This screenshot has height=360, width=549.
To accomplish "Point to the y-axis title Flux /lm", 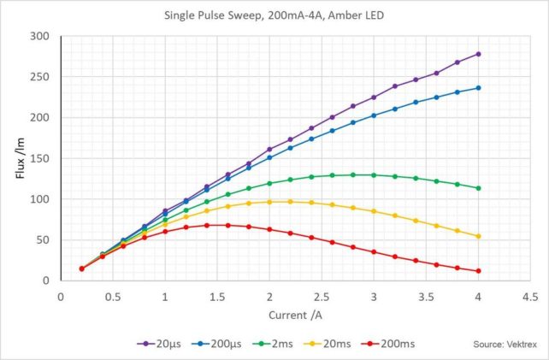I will coord(20,158).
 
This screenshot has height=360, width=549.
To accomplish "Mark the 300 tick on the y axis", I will coord(40,36).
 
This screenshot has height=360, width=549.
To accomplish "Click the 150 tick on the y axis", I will coord(40,158).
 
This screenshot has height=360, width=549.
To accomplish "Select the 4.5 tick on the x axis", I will coord(530,296).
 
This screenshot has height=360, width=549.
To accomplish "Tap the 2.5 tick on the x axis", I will coord(322,296).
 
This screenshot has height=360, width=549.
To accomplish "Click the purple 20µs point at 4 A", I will coord(478,54).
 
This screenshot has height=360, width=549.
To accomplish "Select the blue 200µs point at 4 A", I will coord(478,88).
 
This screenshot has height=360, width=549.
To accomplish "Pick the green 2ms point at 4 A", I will coord(478,188).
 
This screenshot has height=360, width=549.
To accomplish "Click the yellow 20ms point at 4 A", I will coord(478,236).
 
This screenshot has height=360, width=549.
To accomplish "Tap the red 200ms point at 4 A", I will coord(478,271).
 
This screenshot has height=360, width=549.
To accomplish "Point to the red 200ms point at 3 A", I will coord(374,251).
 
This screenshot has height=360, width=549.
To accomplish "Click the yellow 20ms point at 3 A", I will coord(374,211).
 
